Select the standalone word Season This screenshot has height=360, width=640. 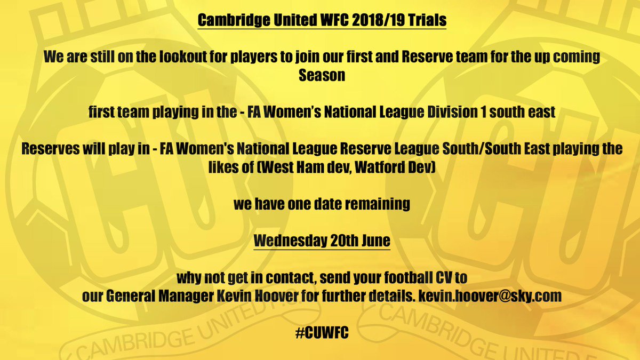pos(322,75)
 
